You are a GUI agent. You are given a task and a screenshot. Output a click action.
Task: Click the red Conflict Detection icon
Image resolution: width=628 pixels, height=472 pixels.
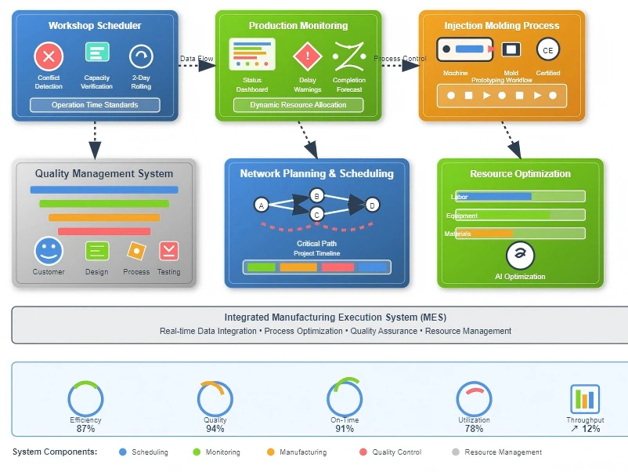pyautogui.click(x=49, y=56)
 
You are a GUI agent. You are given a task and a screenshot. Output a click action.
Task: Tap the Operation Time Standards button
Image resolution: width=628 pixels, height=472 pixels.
pyautogui.click(x=95, y=105)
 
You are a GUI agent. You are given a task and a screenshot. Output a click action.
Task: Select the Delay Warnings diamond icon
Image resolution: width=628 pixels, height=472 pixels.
pyautogui.click(x=308, y=56)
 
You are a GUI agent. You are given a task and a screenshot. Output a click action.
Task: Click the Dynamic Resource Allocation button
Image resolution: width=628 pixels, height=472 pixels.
pyautogui.click(x=298, y=105)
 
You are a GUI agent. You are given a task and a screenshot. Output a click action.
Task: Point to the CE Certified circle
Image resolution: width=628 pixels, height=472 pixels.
pyautogui.click(x=548, y=50)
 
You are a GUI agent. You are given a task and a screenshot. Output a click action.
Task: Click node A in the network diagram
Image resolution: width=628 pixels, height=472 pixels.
pyautogui.click(x=262, y=205)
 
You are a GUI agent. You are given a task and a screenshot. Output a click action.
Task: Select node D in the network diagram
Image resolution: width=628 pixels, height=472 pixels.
pyautogui.click(x=373, y=205)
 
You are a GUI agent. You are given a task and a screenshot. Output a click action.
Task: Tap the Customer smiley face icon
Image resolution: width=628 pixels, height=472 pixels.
pyautogui.click(x=48, y=251)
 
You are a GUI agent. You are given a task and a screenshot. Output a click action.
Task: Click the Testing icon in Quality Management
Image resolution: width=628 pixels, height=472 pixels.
pyautogui.click(x=169, y=251)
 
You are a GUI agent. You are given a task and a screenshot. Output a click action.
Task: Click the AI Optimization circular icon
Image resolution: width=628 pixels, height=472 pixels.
pyautogui.click(x=520, y=255)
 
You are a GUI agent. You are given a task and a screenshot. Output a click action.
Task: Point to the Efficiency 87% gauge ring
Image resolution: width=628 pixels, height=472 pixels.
pyautogui.click(x=85, y=399)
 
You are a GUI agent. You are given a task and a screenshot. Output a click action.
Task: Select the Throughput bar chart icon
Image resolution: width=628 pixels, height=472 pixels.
pyautogui.click(x=585, y=399)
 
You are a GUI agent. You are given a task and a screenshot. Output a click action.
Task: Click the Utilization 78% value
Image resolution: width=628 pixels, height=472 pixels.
pyautogui.click(x=474, y=429)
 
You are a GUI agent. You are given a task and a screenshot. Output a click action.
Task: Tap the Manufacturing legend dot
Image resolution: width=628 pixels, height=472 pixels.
pyautogui.click(x=271, y=452)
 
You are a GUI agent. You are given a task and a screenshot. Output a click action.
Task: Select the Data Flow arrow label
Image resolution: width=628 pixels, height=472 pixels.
pyautogui.click(x=197, y=58)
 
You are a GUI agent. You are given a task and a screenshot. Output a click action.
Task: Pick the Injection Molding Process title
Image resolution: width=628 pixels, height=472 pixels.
pyautogui.click(x=502, y=26)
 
